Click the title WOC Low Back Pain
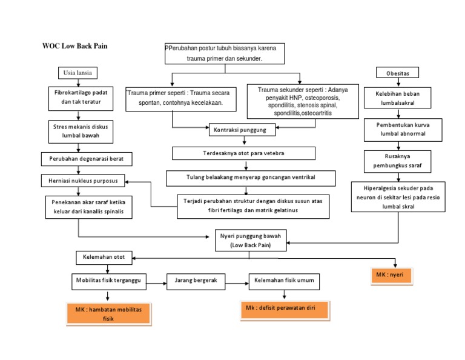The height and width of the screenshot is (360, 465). click(74, 47)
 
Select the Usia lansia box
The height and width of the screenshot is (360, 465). click(77, 73)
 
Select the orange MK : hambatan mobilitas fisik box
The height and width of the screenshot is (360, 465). click(108, 314)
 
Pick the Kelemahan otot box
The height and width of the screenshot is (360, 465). click(104, 258)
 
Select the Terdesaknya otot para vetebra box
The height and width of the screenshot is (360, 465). click(243, 153)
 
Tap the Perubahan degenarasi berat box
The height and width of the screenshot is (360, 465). click(87, 159)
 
